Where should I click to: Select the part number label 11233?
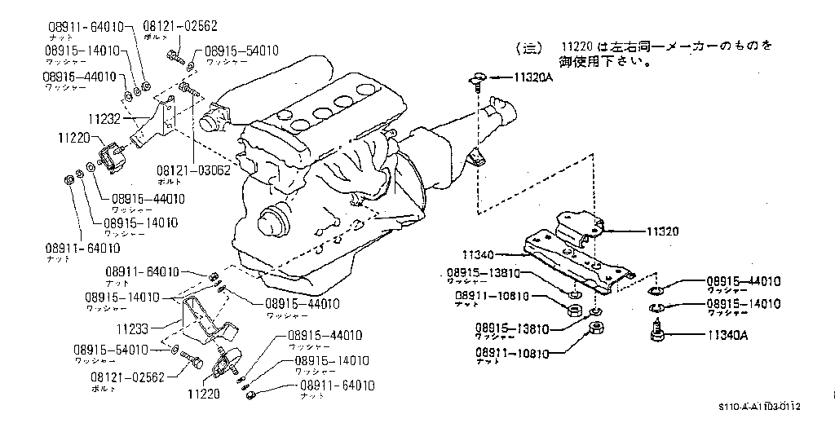coord(133,330)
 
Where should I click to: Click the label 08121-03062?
coord(194,172)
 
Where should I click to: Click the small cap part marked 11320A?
coord(478,79)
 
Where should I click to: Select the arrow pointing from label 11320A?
coord(499,79)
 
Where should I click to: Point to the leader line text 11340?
coord(479,254)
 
